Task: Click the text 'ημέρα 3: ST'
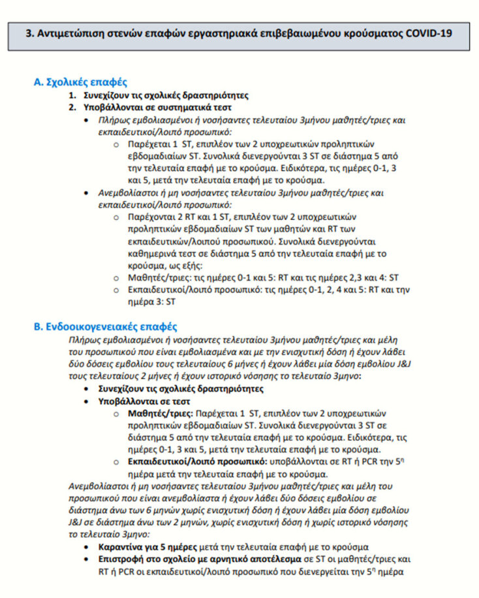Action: [x=153, y=302]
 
